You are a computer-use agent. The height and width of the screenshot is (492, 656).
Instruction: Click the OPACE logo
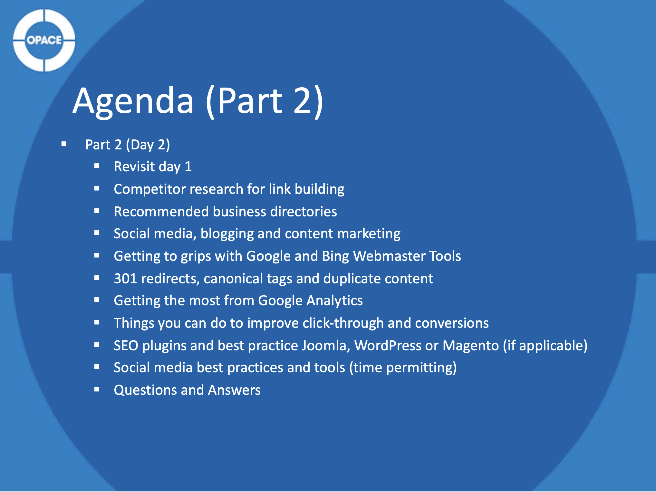(x=44, y=40)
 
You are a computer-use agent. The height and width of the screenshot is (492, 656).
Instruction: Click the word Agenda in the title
(x=133, y=101)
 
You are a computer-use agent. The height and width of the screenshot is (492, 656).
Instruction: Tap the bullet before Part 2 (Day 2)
(x=64, y=144)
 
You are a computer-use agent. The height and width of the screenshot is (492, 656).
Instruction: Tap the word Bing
(x=335, y=256)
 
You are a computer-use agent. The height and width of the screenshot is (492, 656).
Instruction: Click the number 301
(x=125, y=279)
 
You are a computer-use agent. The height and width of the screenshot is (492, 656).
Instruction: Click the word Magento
(x=470, y=345)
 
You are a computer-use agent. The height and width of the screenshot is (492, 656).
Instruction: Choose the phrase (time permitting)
(x=403, y=368)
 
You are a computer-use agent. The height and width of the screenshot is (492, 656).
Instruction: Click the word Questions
(x=145, y=390)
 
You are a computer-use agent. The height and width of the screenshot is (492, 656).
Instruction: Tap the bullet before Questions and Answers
(x=97, y=389)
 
